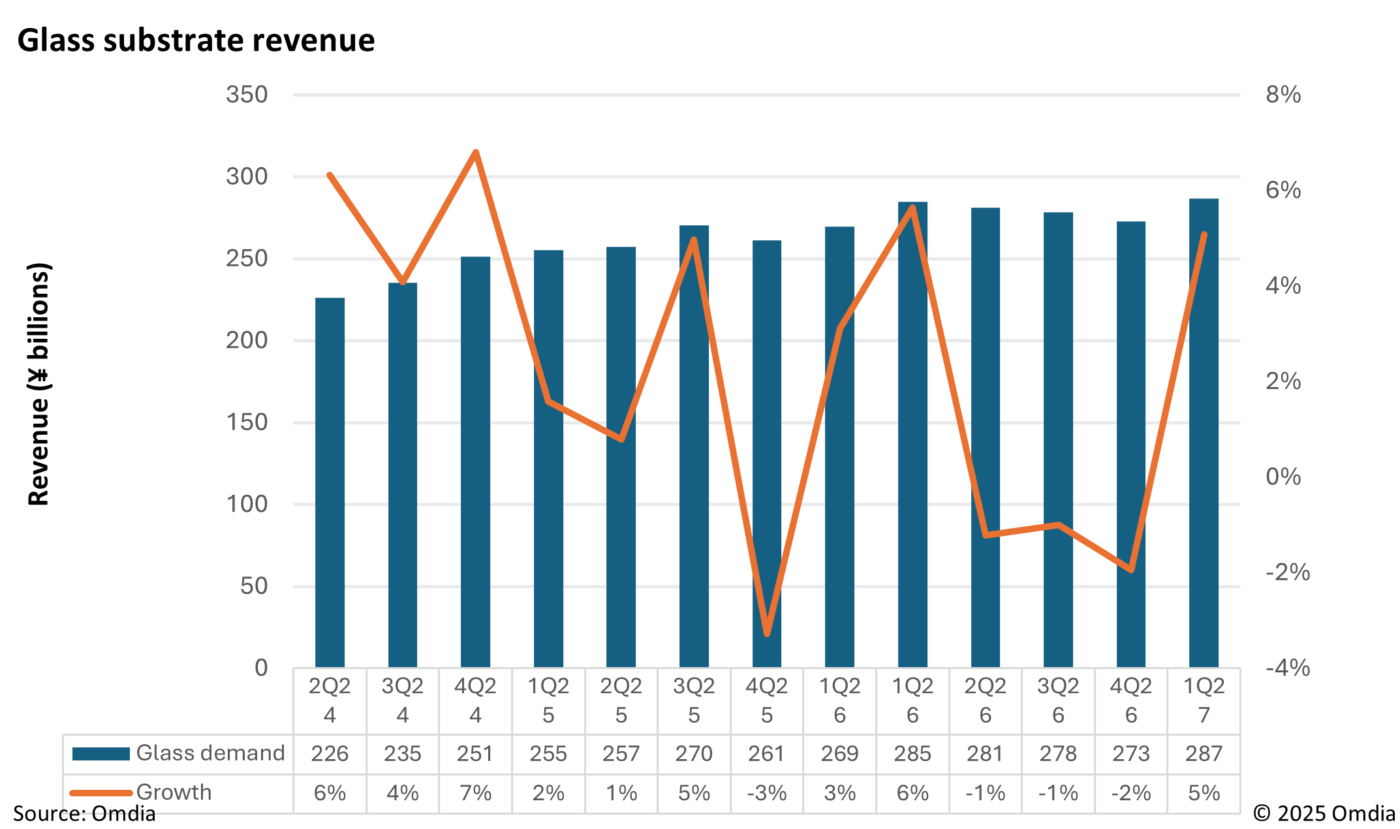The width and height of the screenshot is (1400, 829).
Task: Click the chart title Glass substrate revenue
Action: pos(196,40)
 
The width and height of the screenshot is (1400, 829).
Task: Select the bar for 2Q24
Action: pos(330,483)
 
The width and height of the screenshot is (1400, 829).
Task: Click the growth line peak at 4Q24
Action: pos(476,153)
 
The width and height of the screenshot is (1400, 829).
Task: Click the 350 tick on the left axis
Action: pos(247,95)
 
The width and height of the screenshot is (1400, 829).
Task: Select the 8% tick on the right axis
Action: pos(1283,95)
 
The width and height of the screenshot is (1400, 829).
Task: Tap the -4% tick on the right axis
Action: pos(1287,668)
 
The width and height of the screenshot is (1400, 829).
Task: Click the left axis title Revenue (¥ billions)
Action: pos(39,384)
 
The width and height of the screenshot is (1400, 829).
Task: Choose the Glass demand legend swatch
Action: pos(101,754)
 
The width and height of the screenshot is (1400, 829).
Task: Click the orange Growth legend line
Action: pos(101,793)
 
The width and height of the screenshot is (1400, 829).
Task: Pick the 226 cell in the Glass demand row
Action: pos(330,754)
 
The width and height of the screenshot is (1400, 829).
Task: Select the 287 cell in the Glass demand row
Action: pos(1204,754)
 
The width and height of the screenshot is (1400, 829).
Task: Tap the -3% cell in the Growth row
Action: pos(767,793)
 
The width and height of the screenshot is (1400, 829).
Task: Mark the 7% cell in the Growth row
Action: pos(475,793)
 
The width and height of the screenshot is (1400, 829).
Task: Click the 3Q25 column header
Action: pos(694,700)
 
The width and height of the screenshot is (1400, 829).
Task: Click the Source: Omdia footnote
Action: pos(84,814)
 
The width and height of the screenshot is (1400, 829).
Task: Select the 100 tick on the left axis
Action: pos(247,504)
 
